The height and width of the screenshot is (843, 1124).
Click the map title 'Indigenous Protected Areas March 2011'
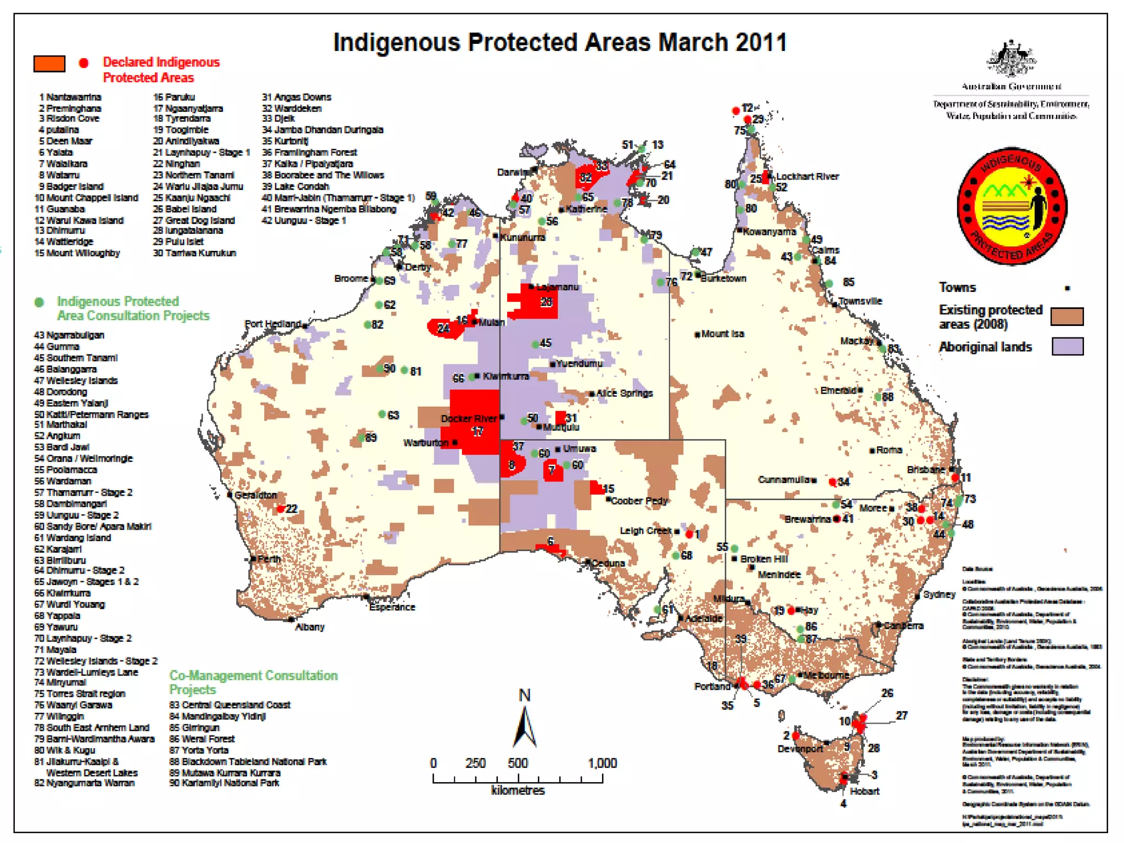point(560,42)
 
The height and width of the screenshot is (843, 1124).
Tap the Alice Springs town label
point(624,393)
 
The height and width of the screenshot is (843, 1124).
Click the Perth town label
point(269,559)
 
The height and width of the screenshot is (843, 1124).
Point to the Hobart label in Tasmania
point(864,791)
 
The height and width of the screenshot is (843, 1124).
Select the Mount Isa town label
point(722,334)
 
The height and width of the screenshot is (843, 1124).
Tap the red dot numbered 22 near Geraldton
point(280,509)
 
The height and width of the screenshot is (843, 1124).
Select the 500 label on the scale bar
point(518,763)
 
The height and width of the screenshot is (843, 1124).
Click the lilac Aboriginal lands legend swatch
point(1067,347)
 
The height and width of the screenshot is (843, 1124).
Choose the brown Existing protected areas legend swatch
point(1067,317)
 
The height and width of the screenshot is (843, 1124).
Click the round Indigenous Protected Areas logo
point(1011,206)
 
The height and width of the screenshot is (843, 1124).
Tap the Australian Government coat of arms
point(1011,59)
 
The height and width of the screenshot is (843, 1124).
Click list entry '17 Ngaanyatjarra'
point(188,108)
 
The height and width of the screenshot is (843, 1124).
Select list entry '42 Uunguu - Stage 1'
point(304,220)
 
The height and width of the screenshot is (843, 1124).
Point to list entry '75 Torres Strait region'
point(80,694)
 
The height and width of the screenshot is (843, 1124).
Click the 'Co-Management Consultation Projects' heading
point(253,682)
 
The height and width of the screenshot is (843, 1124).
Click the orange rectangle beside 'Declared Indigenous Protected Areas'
point(49,64)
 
